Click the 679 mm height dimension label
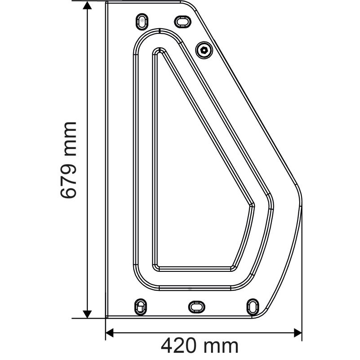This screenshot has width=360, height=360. [x=69, y=160]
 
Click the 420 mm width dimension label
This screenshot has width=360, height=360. [x=200, y=346]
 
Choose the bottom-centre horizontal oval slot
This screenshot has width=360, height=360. [x=196, y=306]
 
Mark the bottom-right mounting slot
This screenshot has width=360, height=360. [x=252, y=306]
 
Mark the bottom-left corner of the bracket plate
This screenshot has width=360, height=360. [x=106, y=317]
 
